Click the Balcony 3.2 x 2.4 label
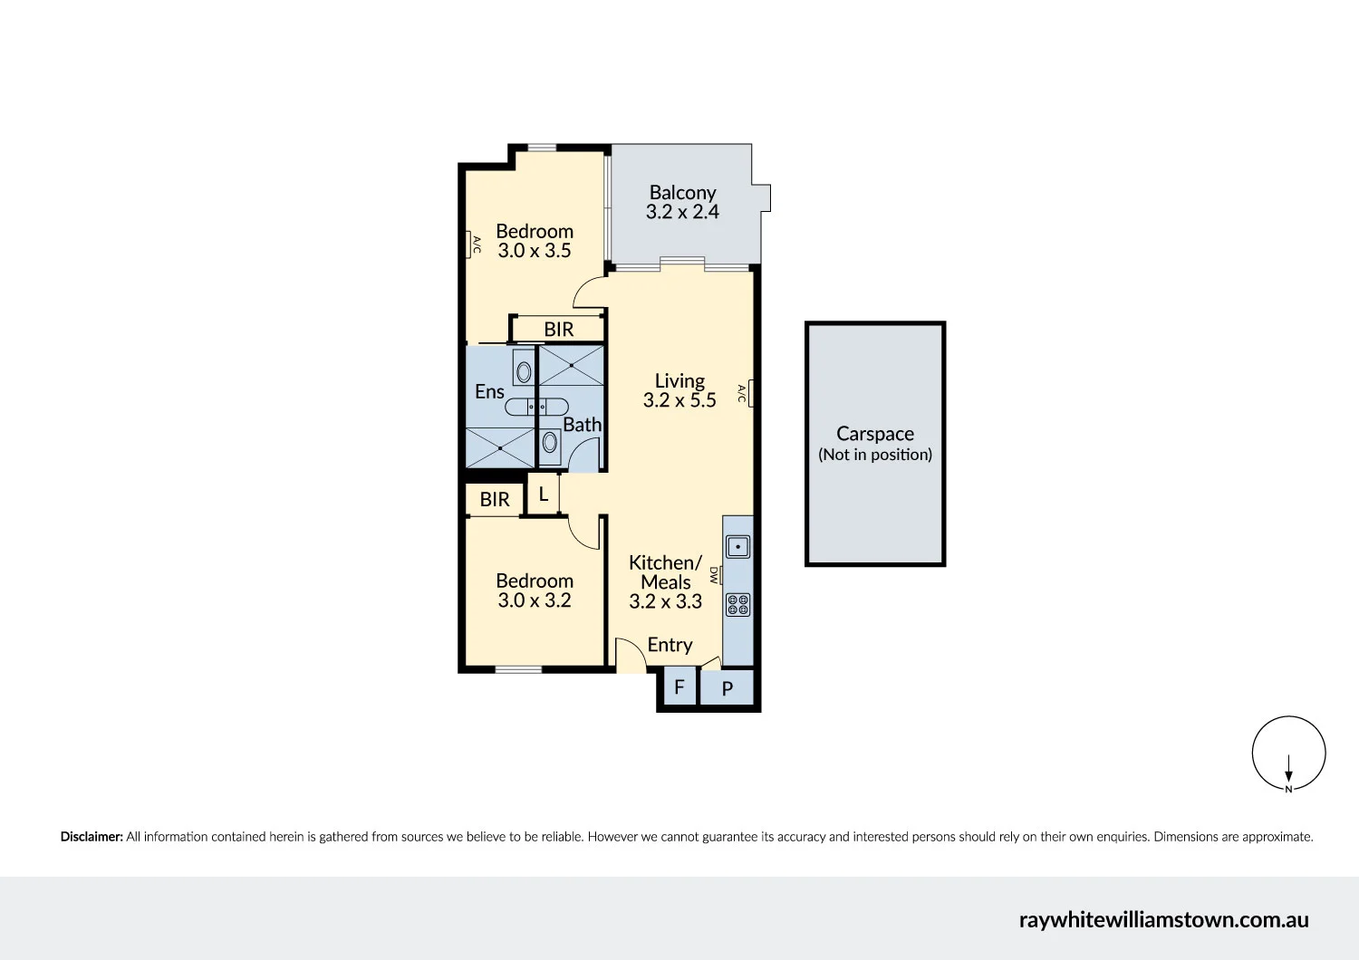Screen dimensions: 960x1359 point(682,202)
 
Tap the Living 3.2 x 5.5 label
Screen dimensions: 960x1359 point(679,390)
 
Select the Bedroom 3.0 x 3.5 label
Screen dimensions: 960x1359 point(535,241)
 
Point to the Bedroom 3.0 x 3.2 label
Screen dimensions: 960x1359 point(535,590)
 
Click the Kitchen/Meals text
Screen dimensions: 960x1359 point(665,572)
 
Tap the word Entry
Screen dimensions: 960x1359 point(670,645)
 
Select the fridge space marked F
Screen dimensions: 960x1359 point(679,687)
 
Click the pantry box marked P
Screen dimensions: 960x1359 point(727,688)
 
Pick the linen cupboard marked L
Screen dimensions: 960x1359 point(544,494)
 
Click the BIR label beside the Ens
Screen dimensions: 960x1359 point(558,330)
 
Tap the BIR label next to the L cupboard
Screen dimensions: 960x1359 point(495,500)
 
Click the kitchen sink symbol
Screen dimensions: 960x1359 point(737,547)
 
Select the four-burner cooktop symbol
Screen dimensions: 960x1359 point(737,604)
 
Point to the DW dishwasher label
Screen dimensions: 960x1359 point(714,575)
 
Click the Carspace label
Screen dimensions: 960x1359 point(874,434)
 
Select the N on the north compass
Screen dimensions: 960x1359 point(1288,789)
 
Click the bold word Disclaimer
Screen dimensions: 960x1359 point(92,837)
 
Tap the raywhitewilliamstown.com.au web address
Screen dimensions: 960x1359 point(1163,920)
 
